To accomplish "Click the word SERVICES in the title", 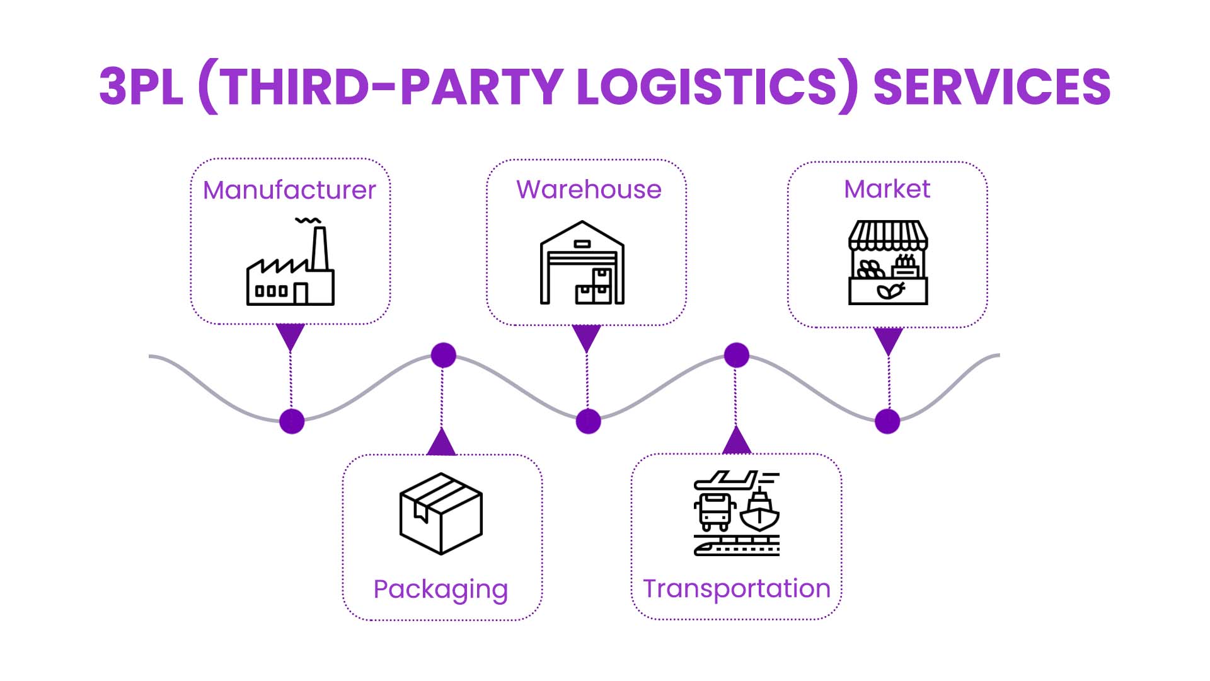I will click(991, 87).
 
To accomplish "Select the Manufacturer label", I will click(289, 190).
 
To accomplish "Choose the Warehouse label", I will click(589, 190).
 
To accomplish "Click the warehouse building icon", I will click(582, 264).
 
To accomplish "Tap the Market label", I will click(887, 189).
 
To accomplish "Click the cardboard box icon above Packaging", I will click(441, 514).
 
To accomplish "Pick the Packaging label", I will click(441, 590).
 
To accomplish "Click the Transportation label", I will click(737, 589).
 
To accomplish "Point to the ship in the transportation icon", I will click(760, 511).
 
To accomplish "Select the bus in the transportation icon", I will click(715, 511).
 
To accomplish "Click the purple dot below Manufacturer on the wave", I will click(292, 421).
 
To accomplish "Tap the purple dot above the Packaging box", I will click(444, 356).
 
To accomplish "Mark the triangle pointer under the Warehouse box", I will click(587, 337).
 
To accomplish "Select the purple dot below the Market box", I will click(887, 421).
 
